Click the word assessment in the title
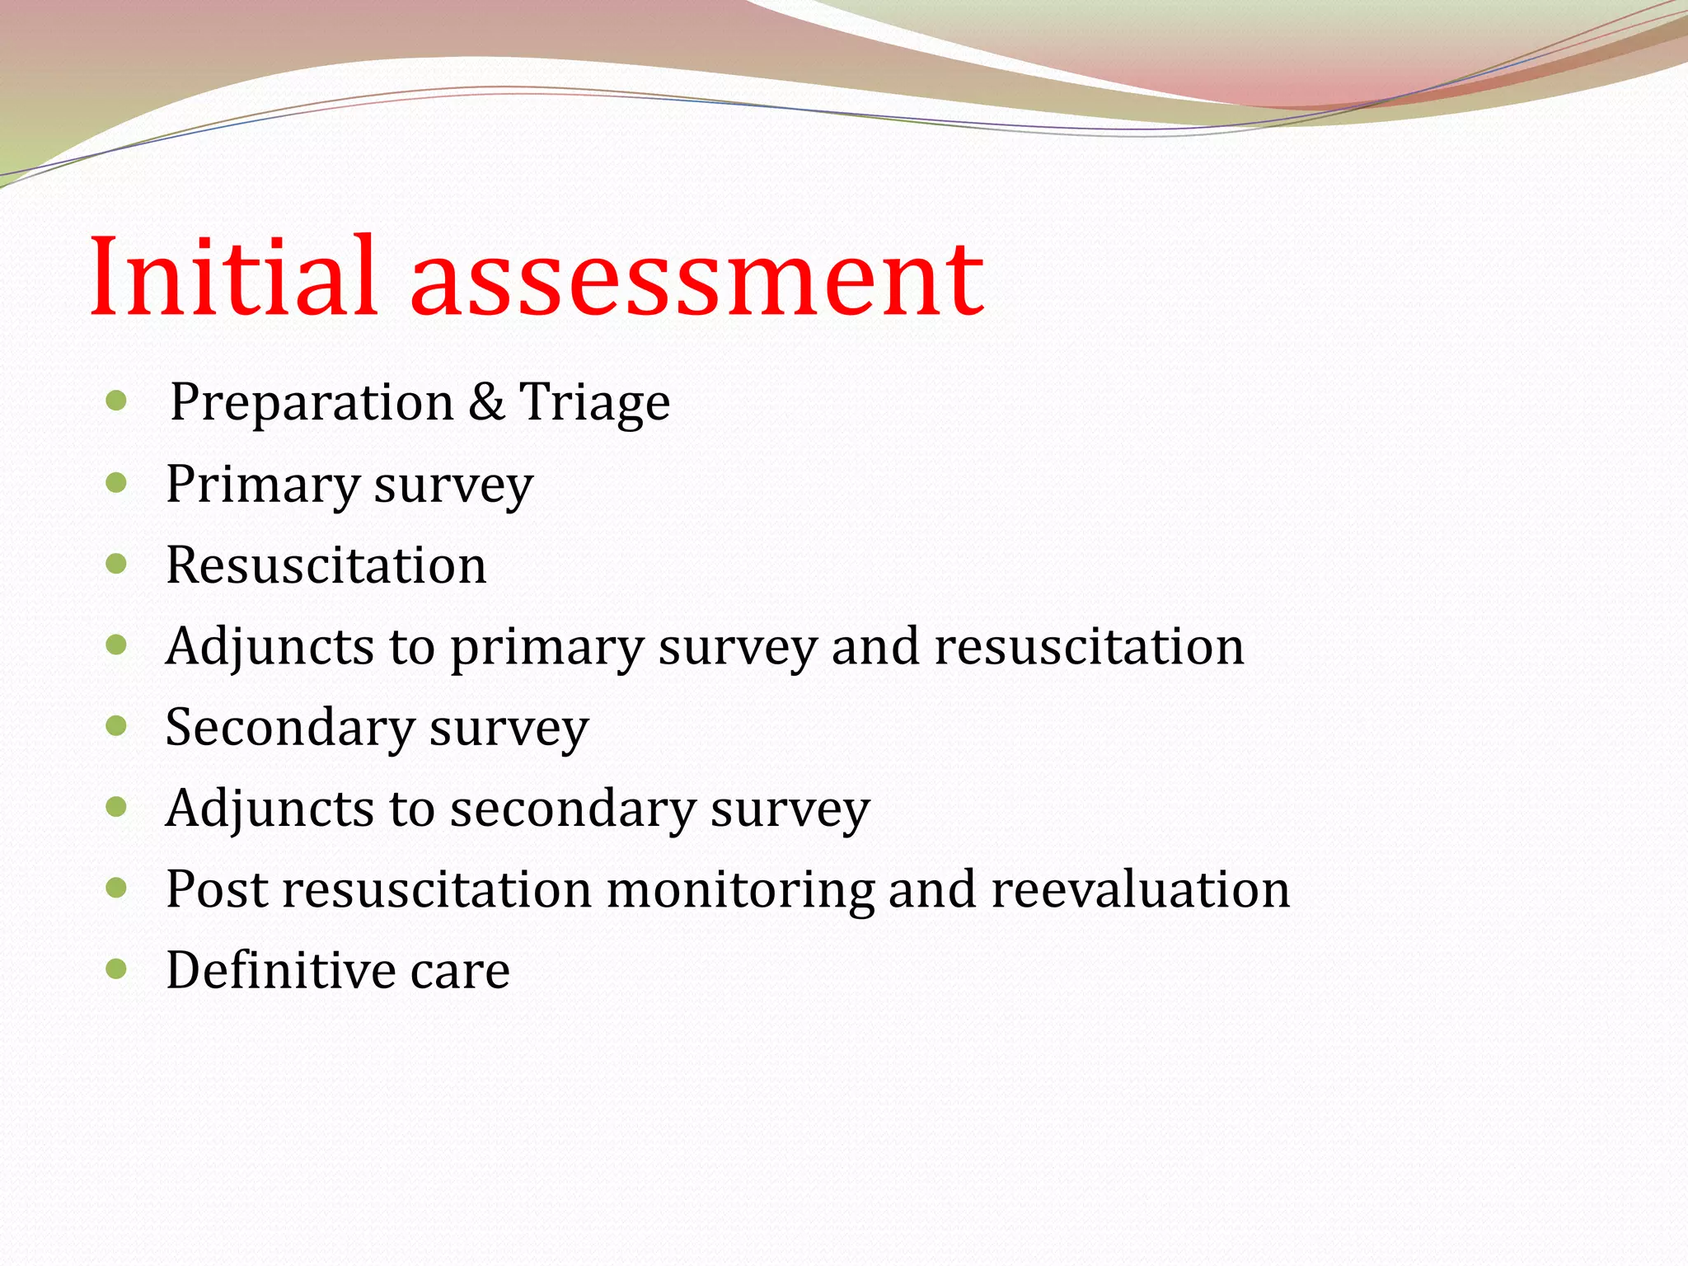click(696, 280)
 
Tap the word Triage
click(594, 404)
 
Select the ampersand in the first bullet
click(486, 402)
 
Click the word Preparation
click(312, 404)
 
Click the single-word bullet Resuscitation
click(326, 565)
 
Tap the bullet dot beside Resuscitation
click(116, 565)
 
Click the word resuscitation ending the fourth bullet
click(1089, 647)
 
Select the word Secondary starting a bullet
click(289, 728)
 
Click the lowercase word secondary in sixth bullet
click(573, 809)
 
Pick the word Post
click(217, 889)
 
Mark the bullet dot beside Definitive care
click(116, 968)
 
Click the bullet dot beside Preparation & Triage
click(116, 402)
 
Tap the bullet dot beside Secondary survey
click(116, 726)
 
